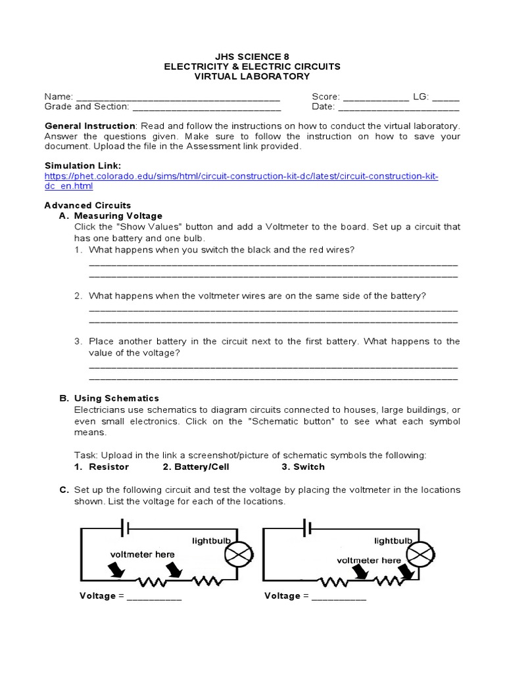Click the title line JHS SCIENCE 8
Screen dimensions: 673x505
click(252, 56)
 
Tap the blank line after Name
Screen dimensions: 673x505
click(178, 97)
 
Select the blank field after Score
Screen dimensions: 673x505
click(375, 97)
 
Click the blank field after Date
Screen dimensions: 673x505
click(398, 107)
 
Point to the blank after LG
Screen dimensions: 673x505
click(446, 97)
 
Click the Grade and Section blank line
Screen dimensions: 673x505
click(206, 107)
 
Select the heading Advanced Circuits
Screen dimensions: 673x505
click(87, 205)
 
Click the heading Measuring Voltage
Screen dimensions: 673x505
click(118, 216)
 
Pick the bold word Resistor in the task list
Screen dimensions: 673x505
click(108, 467)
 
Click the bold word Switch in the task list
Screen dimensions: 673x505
click(308, 467)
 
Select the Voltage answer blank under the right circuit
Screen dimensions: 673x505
click(339, 597)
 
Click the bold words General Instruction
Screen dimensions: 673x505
click(89, 126)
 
